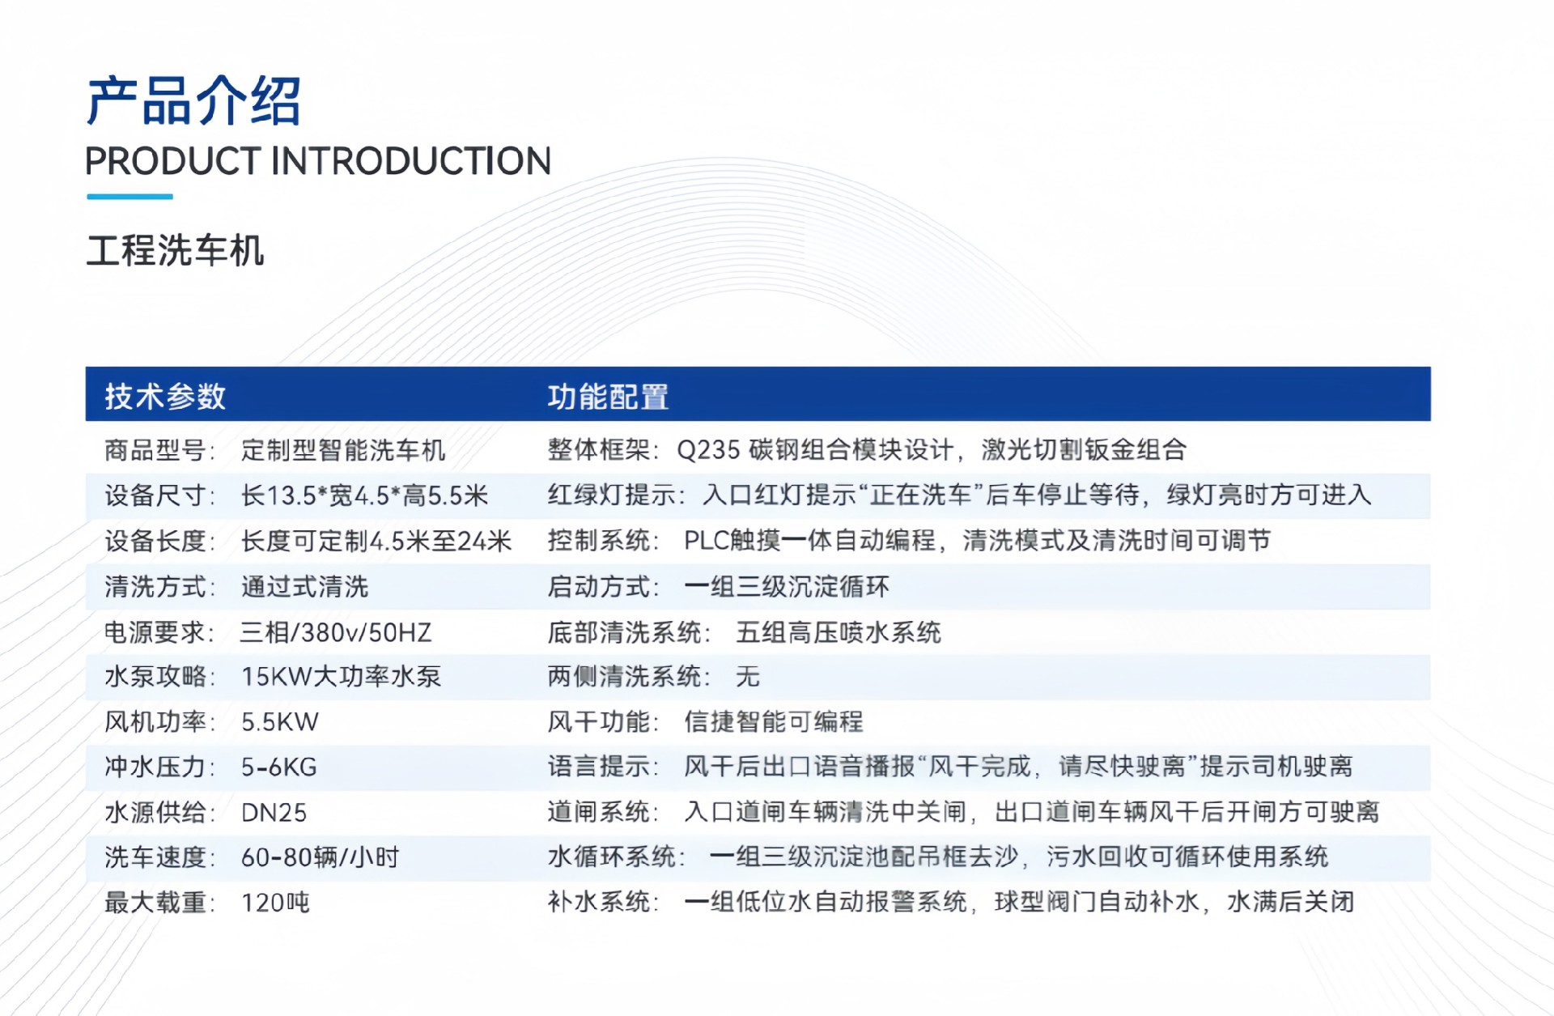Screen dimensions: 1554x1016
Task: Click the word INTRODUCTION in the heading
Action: pyautogui.click(x=411, y=161)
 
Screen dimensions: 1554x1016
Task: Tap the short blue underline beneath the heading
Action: pyautogui.click(x=129, y=196)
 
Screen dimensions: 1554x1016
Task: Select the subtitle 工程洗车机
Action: pyautogui.click(x=175, y=250)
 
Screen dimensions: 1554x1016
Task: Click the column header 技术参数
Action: pyautogui.click(x=165, y=397)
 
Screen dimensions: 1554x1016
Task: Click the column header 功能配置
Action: pyautogui.click(x=608, y=397)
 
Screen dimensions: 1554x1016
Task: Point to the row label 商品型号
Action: pyautogui.click(x=155, y=450)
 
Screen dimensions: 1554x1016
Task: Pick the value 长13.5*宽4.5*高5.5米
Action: pyautogui.click(x=364, y=495)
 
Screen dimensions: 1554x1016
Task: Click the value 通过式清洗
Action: pyautogui.click(x=304, y=586)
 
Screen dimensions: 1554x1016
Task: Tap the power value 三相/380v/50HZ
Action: pyautogui.click(x=336, y=631)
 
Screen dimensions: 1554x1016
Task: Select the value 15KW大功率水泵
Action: pyautogui.click(x=341, y=677)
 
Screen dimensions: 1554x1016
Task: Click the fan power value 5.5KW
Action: pyautogui.click(x=280, y=722)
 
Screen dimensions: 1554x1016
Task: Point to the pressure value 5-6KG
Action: pyautogui.click(x=279, y=767)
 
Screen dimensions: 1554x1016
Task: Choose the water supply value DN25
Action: pyautogui.click(x=274, y=813)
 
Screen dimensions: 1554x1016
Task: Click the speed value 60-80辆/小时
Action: pyautogui.click(x=321, y=857)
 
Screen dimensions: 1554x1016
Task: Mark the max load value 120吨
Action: pyautogui.click(x=275, y=903)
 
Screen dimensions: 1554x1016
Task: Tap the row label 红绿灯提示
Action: pyautogui.click(x=611, y=495)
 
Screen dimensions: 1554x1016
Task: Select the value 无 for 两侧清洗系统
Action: pyautogui.click(x=748, y=677)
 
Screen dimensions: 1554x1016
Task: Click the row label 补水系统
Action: pyautogui.click(x=599, y=902)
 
